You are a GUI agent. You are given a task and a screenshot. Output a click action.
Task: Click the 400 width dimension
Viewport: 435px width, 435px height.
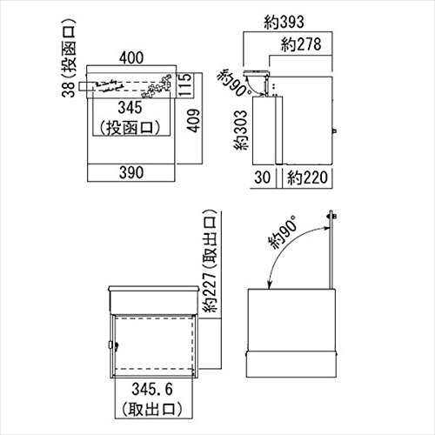(131, 57)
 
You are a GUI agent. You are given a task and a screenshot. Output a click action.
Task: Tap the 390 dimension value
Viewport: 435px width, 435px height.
(131, 172)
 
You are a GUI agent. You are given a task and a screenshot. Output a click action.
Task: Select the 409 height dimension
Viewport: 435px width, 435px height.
(193, 121)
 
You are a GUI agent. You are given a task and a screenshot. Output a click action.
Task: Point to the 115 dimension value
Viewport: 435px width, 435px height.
(184, 84)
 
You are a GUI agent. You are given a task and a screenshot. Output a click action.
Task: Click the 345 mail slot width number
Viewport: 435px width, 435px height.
(130, 108)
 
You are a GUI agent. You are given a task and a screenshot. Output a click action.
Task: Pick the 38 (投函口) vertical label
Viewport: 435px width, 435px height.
(69, 58)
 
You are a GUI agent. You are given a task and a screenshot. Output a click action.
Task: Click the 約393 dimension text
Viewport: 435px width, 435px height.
(284, 22)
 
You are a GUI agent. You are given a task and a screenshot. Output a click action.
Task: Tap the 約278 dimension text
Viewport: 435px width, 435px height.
(301, 44)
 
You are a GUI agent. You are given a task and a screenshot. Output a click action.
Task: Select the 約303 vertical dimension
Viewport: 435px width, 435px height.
(241, 130)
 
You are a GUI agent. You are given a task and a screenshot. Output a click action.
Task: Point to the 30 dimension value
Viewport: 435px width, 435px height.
(263, 177)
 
